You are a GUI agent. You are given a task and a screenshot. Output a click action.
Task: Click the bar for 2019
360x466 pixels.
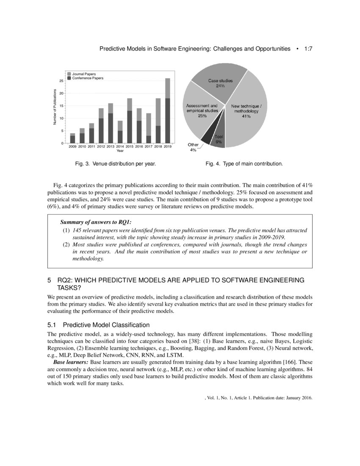[x=168, y=111]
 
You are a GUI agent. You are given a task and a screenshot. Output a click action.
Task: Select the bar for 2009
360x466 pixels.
[x=72, y=139]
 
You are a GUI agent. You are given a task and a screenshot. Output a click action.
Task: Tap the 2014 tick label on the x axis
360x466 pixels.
[x=120, y=147]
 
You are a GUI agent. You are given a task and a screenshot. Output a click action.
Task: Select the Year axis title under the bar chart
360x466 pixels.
[x=120, y=151]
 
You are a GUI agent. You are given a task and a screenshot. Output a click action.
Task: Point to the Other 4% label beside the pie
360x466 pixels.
[x=193, y=147]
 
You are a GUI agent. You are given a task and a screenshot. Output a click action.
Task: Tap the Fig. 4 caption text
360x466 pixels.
[x=244, y=164]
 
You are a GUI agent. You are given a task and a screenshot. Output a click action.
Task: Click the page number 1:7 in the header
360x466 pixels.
[x=308, y=49]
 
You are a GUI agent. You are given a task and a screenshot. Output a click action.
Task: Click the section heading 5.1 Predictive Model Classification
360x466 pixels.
[x=98, y=325]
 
